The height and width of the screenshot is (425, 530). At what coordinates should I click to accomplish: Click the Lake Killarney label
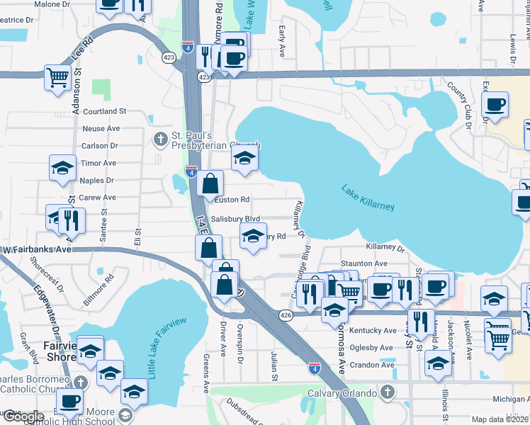[367, 200]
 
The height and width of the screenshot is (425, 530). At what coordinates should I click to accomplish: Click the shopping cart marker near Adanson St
[57, 76]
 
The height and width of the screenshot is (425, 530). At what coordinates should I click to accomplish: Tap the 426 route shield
[286, 315]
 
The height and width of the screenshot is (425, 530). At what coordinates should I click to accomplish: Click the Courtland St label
[104, 111]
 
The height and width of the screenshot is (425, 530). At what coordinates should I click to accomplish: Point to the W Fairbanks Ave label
[37, 249]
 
